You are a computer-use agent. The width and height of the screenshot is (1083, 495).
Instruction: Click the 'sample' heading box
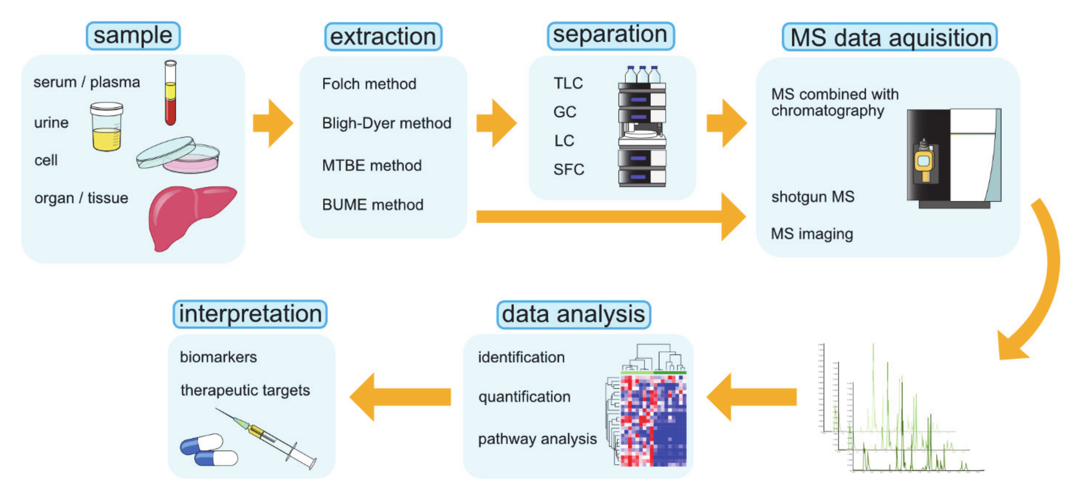click(x=133, y=36)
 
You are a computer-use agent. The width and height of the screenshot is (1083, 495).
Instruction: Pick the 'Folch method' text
click(x=369, y=84)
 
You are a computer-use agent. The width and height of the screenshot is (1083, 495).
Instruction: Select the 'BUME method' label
click(x=373, y=205)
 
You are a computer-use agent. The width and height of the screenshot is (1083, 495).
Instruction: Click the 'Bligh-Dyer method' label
click(x=386, y=123)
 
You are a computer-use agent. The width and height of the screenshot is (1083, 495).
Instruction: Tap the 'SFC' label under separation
click(x=568, y=169)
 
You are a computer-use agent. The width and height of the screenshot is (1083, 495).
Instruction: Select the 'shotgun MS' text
click(x=812, y=197)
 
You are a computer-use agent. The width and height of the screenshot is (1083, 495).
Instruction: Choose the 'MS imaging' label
click(x=812, y=234)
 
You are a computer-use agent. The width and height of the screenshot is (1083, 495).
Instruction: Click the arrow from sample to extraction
click(x=272, y=123)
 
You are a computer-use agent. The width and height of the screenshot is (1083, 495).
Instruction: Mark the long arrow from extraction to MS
click(x=610, y=217)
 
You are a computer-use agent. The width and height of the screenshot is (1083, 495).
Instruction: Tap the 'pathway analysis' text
click(x=537, y=439)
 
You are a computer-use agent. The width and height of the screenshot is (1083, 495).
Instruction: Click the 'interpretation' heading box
click(x=250, y=314)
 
